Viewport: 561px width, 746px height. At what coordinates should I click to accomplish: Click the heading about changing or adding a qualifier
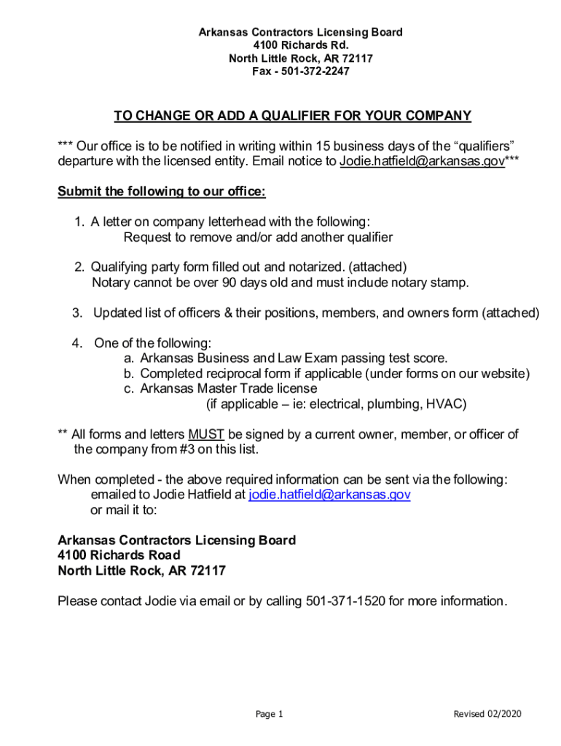click(292, 116)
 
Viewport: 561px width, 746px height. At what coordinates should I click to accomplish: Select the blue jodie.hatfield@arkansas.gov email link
click(329, 495)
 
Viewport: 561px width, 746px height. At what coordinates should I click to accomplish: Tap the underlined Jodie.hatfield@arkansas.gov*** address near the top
click(423, 162)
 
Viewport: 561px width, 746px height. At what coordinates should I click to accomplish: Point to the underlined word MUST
click(206, 434)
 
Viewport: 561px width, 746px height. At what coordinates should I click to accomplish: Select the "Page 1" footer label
click(269, 714)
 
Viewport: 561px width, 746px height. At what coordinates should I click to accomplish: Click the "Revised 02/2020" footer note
click(487, 714)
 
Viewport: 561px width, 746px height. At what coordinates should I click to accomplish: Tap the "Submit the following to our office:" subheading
click(162, 192)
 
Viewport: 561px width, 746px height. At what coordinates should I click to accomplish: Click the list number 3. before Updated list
click(77, 313)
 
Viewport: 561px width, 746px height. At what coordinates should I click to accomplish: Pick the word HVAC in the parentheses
click(447, 404)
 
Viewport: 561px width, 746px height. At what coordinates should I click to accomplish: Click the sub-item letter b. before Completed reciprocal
click(128, 374)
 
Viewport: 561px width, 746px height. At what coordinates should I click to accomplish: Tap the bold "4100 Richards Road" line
click(119, 555)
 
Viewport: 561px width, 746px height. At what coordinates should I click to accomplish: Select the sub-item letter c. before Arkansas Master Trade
click(128, 388)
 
